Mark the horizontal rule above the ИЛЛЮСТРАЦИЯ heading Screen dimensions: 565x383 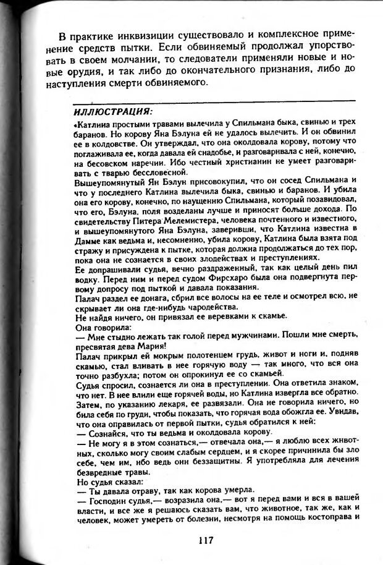point(213,100)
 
